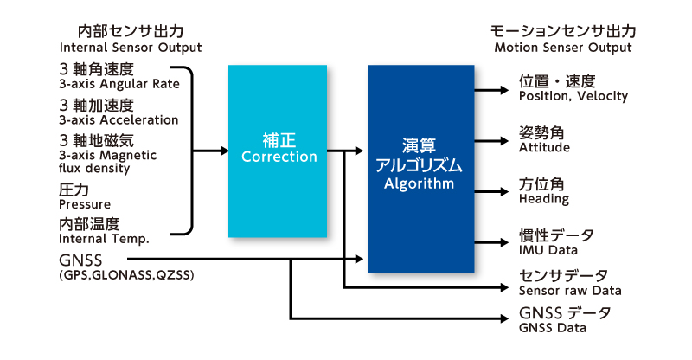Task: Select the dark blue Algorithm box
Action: tap(421, 169)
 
